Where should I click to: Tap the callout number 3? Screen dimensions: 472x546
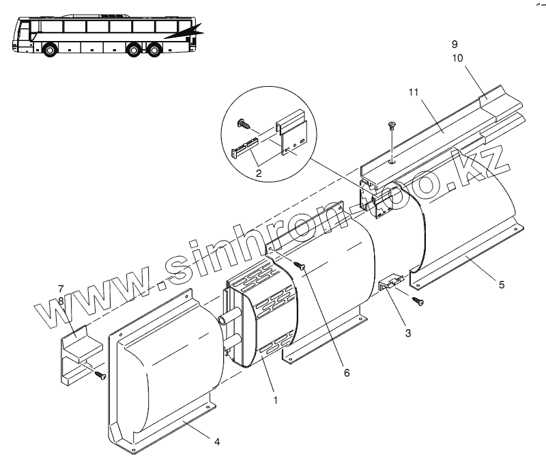[407, 333]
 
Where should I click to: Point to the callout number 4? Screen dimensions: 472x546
[216, 441]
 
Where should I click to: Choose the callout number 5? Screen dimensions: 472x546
[502, 284]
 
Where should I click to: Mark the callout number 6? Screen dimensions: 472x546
[346, 373]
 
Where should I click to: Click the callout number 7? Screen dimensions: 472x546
[61, 288]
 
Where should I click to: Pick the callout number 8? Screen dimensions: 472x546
[61, 300]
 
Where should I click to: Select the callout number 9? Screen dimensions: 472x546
[455, 44]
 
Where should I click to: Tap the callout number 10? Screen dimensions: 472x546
[457, 58]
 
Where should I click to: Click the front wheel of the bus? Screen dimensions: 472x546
[48, 50]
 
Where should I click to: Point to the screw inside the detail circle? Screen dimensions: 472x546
[242, 124]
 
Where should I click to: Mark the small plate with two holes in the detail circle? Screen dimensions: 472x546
[296, 141]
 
